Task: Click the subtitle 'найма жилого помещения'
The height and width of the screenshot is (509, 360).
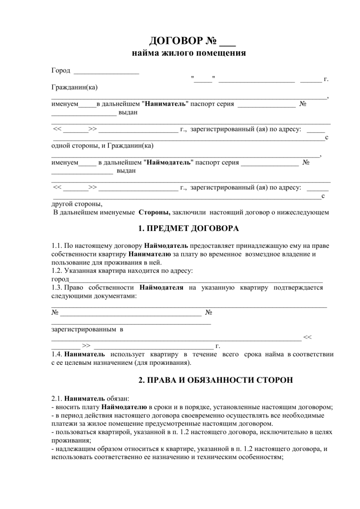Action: tap(188, 53)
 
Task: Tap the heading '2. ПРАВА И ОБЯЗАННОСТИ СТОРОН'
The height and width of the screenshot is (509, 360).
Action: tap(188, 379)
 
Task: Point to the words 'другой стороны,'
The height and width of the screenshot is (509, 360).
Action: tap(76, 204)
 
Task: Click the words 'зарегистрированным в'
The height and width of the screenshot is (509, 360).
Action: tap(87, 329)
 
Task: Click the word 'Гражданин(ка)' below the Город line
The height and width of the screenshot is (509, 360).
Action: tap(74, 87)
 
